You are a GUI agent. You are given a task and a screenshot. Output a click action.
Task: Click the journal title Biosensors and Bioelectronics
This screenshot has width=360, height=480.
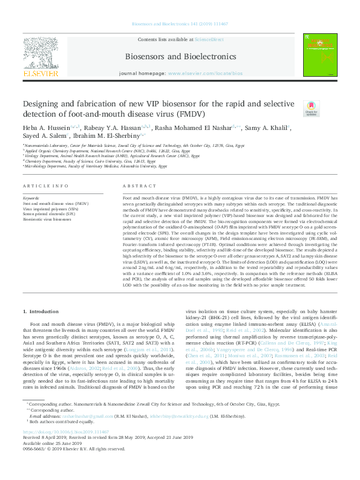(180, 56)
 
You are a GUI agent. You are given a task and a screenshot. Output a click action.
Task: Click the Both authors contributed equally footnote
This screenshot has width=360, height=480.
(60, 438)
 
